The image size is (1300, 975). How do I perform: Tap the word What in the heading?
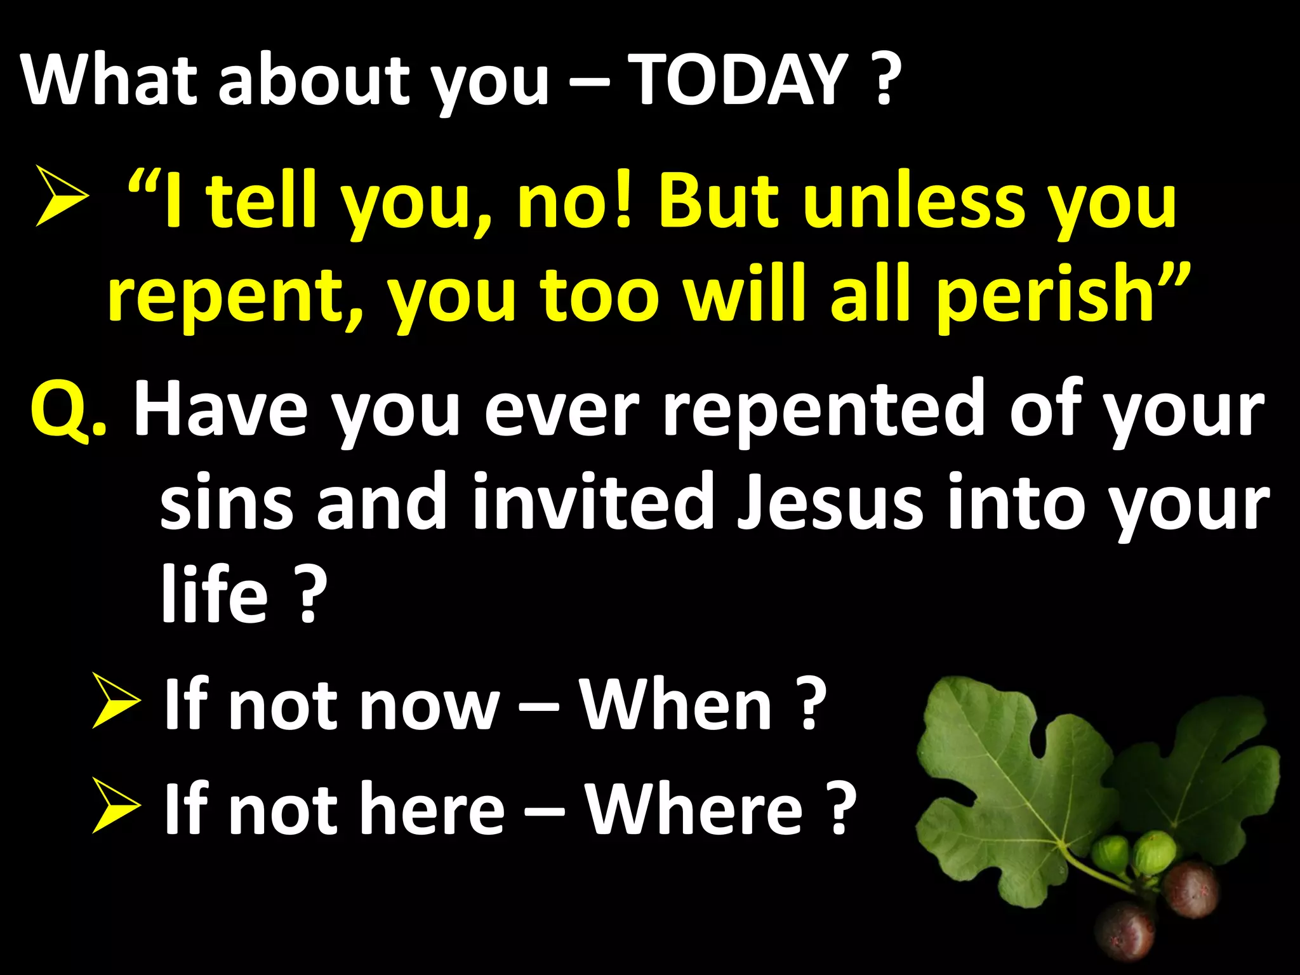pos(109,80)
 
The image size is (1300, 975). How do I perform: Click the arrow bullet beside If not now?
pos(116,701)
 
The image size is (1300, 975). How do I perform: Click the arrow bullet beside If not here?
pos(116,806)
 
